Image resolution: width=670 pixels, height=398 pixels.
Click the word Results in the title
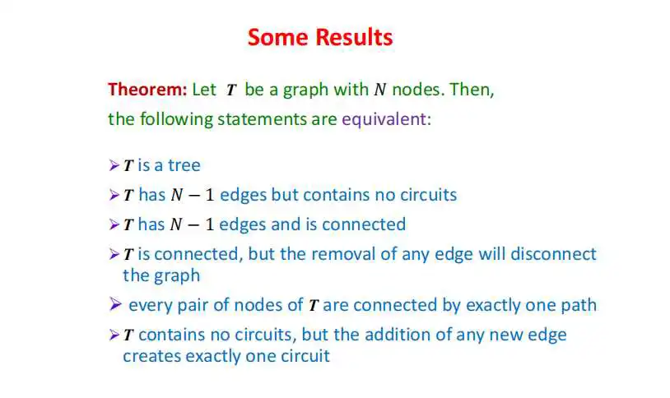354,37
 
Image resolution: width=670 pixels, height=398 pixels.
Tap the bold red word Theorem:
147,90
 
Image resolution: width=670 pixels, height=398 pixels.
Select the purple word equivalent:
386,119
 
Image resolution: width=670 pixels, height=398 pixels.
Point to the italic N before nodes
380,90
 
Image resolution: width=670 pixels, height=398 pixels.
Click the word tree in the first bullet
184,165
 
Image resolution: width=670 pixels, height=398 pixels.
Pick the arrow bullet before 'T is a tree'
114,165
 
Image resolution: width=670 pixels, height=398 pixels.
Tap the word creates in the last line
151,356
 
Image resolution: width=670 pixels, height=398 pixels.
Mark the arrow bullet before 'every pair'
115,304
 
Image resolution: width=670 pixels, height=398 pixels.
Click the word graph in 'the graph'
178,276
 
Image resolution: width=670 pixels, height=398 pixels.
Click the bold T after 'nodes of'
314,306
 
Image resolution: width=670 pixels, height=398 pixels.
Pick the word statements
262,119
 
